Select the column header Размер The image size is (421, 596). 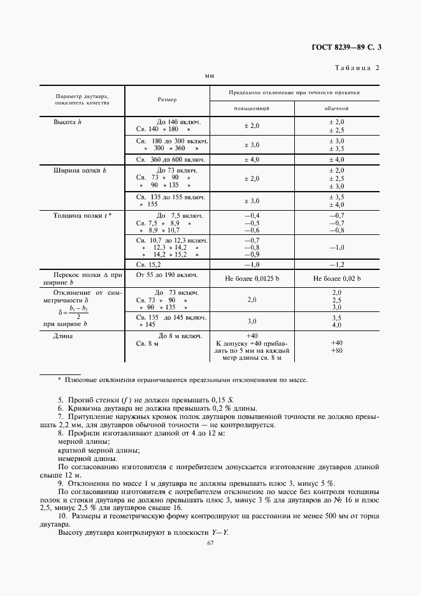pos(167,99)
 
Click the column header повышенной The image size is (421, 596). pos(252,108)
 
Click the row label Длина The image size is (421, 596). pos(63,336)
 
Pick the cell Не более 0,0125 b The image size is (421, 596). pos(252,279)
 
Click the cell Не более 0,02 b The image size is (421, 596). pos(337,279)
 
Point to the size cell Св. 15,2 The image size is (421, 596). pos(150,263)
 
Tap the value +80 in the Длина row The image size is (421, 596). pos(337,350)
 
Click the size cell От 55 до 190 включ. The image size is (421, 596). pos(168,275)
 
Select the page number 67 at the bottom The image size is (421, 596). pos(210,542)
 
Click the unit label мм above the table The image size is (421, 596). pos(209,76)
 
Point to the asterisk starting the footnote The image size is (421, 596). pos(59,380)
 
